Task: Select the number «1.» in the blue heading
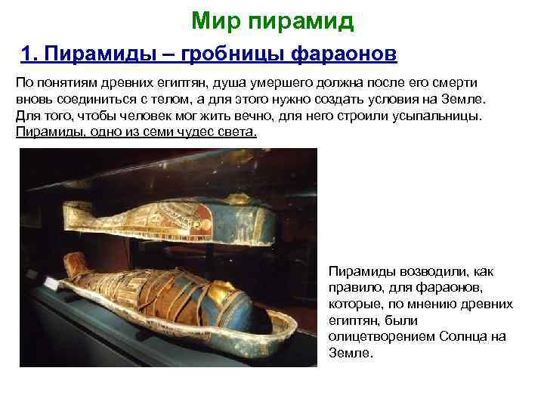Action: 31,54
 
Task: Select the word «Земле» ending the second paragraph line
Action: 466,100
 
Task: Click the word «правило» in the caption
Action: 353,287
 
